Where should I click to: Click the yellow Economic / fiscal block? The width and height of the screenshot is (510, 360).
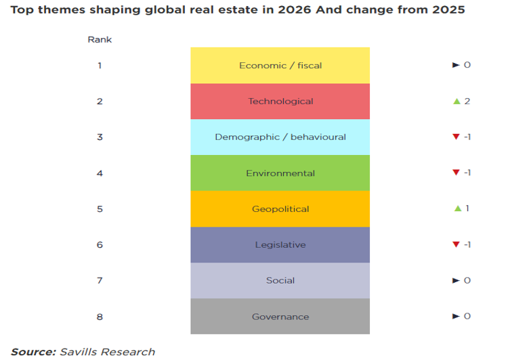coord(280,66)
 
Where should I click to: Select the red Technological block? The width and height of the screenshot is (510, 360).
coord(280,102)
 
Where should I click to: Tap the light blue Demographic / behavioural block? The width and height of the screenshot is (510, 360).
coord(280,137)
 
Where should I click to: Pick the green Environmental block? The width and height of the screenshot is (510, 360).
coord(280,173)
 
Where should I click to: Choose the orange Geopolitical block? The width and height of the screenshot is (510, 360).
coord(280,209)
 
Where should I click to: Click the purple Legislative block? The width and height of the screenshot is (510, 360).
coord(280,245)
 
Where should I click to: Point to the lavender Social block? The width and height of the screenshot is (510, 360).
coord(280,281)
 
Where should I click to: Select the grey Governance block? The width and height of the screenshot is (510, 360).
coord(280,317)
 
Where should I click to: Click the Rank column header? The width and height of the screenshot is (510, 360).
coord(100,39)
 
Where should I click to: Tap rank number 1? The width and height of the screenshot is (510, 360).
coord(100,66)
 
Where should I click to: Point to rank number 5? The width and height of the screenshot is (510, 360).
coord(100,209)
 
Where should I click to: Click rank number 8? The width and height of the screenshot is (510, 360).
coord(100,317)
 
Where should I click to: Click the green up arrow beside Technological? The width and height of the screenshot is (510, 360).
coord(456,102)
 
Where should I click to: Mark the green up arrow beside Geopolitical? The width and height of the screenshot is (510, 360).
coord(457,208)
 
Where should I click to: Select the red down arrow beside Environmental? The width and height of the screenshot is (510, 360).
coord(456,173)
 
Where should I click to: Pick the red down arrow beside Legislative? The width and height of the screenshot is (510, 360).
coord(456,245)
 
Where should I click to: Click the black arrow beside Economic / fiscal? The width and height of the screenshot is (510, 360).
coord(456,66)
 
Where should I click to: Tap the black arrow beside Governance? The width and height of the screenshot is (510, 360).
coord(456,317)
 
